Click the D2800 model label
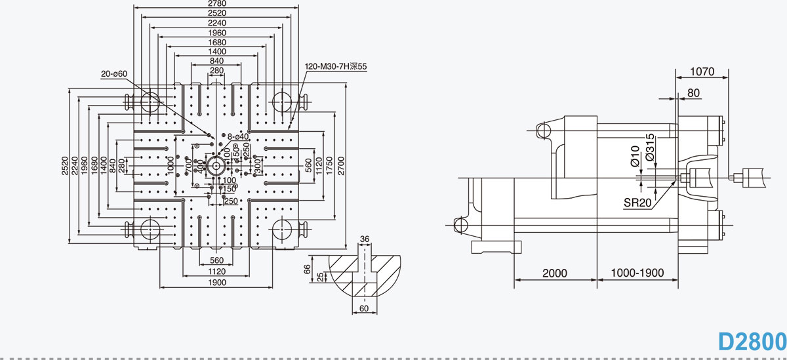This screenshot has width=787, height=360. coord(752,342)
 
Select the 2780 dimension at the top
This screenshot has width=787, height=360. coord(216,4)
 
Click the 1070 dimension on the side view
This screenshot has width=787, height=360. coord(702,71)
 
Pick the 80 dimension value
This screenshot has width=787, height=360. coord(693,94)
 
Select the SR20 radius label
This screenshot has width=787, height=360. coord(637,203)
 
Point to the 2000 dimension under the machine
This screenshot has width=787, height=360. coord(555,273)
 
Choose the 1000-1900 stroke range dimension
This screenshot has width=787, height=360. coord(637,273)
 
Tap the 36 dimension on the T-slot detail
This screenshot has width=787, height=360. coord(365,239)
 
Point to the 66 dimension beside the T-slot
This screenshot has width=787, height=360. coord(307,269)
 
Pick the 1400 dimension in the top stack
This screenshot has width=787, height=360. coord(216,51)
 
